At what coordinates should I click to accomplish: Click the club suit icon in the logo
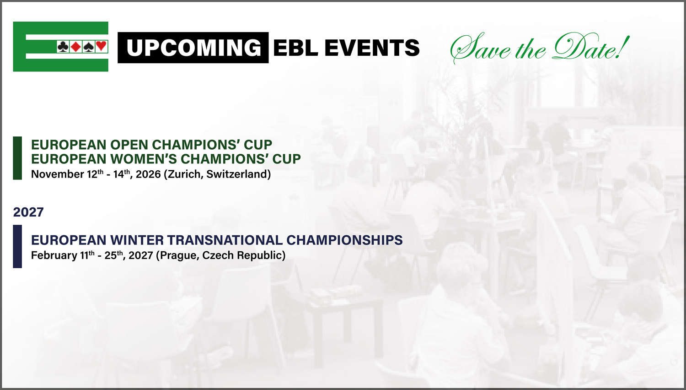pyautogui.click(x=63, y=47)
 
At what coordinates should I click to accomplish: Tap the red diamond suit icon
pyautogui.click(x=75, y=47)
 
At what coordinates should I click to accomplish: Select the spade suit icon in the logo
pyautogui.click(x=89, y=47)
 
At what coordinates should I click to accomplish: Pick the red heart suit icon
pyautogui.click(x=101, y=46)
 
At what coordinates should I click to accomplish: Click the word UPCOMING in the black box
pyautogui.click(x=194, y=48)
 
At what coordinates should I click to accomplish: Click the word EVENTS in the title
pyautogui.click(x=372, y=48)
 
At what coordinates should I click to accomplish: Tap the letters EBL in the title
pyautogui.click(x=295, y=48)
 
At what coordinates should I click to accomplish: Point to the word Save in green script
pyautogui.click(x=480, y=49)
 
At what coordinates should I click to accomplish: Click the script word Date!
pyautogui.click(x=591, y=48)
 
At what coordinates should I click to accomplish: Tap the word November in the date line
pyautogui.click(x=58, y=174)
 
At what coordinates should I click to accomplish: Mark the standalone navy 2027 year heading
pyautogui.click(x=28, y=212)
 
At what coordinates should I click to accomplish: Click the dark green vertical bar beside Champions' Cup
pyautogui.click(x=17, y=158)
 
